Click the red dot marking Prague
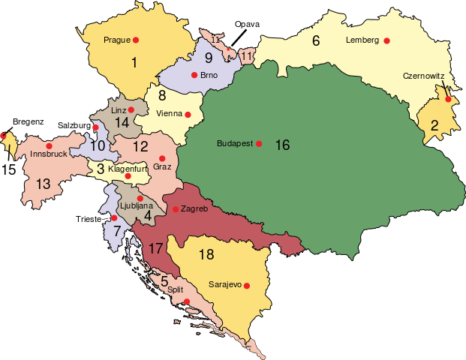(136, 39)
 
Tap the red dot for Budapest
(259, 143)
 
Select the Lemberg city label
(362, 40)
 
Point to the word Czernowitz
(424, 76)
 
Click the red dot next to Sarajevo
(246, 286)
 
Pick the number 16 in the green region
(282, 145)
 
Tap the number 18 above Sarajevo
(206, 254)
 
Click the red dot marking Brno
(194, 75)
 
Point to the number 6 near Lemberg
(316, 41)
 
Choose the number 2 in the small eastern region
(434, 126)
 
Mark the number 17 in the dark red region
(156, 247)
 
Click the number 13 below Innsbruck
(43, 184)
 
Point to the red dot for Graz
(162, 158)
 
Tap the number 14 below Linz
(122, 123)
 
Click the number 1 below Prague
(134, 63)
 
